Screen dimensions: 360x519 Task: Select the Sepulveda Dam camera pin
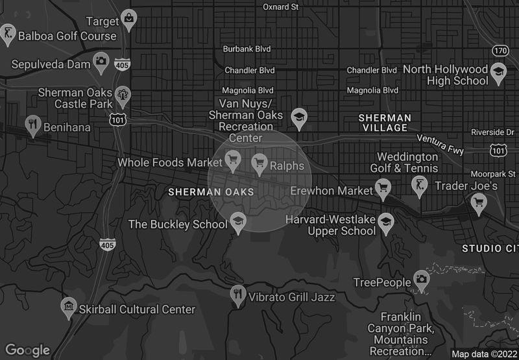point(101,61)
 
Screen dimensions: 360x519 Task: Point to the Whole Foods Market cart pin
point(232,158)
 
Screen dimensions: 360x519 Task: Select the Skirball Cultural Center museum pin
point(69,306)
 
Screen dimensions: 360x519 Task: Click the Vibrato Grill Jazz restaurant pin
point(238,294)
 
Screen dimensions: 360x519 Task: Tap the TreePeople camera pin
point(422,279)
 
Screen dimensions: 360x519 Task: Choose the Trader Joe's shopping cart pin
point(479,202)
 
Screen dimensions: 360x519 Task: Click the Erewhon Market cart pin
point(383,188)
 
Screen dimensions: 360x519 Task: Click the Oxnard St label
point(280,7)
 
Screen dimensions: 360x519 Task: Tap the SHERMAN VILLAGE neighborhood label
point(385,123)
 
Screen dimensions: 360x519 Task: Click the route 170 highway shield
point(500,50)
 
